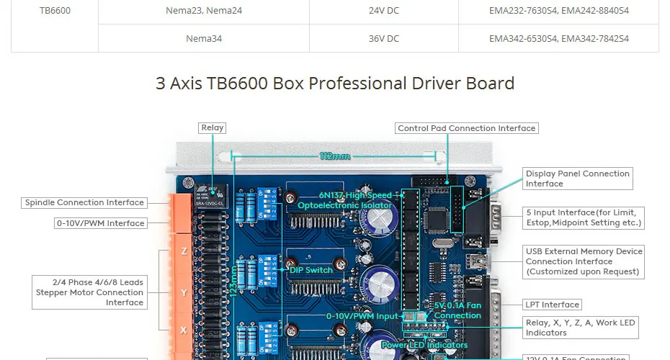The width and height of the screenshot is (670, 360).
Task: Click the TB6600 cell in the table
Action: click(x=55, y=11)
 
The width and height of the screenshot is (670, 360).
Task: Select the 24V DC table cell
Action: click(x=383, y=11)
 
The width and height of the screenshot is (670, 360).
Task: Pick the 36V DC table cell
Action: click(x=383, y=38)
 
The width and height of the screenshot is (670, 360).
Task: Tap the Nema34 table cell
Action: click(x=204, y=38)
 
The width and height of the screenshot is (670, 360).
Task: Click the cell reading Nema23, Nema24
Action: click(x=204, y=11)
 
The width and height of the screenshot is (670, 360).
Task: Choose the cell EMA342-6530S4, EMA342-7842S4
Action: click(x=558, y=38)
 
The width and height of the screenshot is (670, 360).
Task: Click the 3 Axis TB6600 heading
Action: click(x=335, y=83)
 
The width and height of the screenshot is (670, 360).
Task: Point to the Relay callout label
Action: click(x=213, y=127)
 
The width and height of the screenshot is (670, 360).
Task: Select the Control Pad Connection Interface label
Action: click(x=467, y=128)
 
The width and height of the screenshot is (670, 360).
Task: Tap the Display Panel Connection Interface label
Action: click(x=577, y=179)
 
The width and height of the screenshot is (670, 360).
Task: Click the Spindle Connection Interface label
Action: click(x=86, y=202)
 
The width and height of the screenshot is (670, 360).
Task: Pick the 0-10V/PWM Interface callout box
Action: click(x=101, y=223)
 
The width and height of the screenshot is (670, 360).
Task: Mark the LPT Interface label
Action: click(x=553, y=305)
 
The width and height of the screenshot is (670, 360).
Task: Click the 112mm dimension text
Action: click(x=335, y=156)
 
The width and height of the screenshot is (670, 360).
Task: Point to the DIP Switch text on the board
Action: click(x=311, y=270)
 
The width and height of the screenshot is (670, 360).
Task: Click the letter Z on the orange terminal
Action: click(x=184, y=251)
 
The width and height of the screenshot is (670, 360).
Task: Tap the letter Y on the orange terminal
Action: click(x=184, y=292)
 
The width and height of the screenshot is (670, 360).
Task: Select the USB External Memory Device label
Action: click(x=584, y=261)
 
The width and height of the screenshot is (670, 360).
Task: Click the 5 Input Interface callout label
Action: click(x=584, y=217)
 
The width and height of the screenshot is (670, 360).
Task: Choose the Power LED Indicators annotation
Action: click(x=426, y=345)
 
